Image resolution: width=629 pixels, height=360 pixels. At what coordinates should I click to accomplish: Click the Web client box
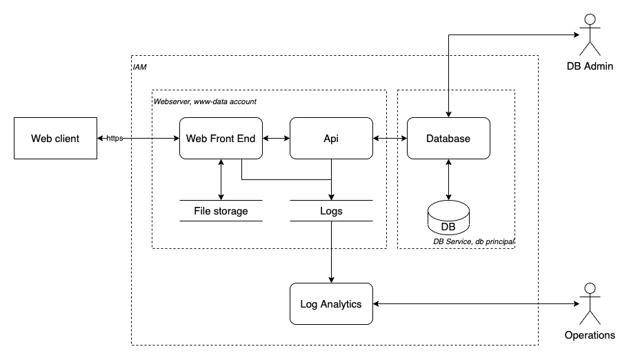point(55,139)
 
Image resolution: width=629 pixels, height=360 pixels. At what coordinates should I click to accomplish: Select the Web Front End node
point(221,139)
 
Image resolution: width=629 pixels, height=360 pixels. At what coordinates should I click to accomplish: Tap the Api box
point(331,139)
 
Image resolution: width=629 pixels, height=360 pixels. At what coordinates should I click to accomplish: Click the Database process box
point(448,139)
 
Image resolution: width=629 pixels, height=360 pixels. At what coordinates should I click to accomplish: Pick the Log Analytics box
point(331,303)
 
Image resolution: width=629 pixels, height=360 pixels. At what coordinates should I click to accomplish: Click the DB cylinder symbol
point(448,219)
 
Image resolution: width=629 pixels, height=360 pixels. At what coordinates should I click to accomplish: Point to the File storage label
point(221,211)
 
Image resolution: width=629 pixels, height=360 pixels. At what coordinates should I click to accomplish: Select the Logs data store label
point(331,211)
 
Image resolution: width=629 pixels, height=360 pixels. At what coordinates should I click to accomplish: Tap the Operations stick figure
point(588,306)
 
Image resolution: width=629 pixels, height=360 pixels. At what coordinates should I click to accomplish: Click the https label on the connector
point(114,139)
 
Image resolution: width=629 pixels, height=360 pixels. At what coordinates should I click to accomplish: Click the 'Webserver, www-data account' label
point(205,101)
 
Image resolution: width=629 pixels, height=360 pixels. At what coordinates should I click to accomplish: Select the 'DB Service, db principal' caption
point(474,242)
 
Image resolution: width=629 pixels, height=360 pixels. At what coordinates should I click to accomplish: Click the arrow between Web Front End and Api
point(276,139)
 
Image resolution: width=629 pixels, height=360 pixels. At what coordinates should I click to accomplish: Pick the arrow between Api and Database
point(390,139)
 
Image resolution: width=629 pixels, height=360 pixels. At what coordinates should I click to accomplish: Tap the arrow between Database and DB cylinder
point(449,181)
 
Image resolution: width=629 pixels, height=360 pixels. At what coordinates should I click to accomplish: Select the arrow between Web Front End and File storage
point(221,179)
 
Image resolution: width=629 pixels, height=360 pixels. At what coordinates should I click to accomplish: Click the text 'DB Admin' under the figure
point(588,66)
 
